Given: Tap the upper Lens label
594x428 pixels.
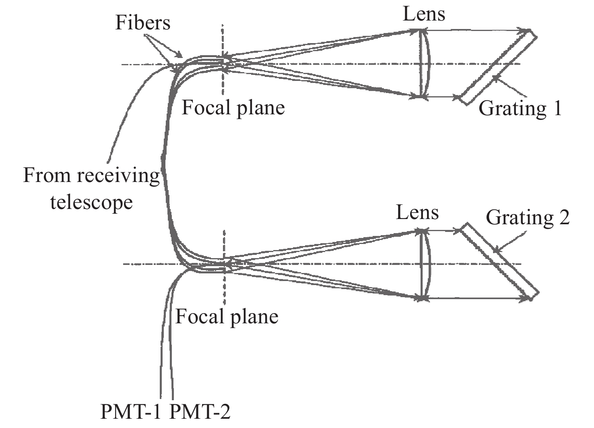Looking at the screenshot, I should pos(424,14).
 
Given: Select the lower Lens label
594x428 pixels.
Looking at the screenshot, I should pos(417,212).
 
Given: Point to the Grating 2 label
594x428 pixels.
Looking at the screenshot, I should pos(528,217).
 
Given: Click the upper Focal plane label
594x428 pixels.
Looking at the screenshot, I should pos(233,108).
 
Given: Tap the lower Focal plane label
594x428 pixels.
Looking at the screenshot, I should pos(227,317).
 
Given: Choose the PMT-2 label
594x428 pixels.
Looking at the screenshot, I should pos(200,412).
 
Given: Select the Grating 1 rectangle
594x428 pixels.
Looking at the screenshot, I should pos(499,68).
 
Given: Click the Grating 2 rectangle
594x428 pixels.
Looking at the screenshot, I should pos(499,261).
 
